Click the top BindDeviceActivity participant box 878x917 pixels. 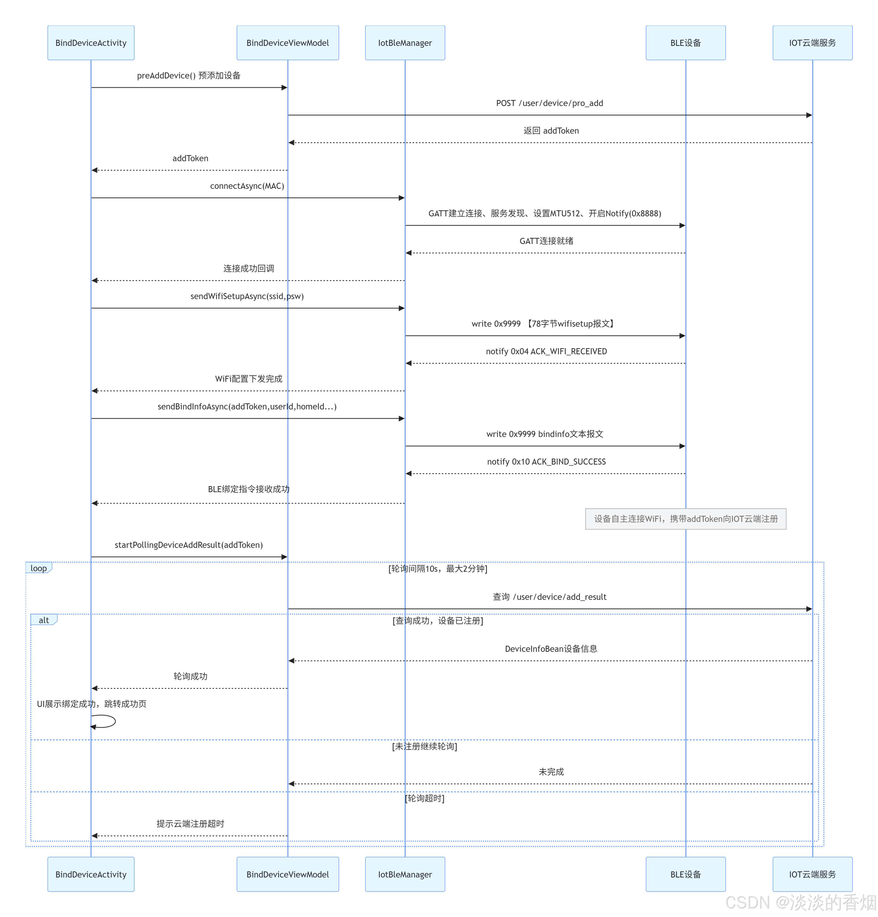point(91,43)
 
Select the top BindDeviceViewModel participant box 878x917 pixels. point(288,43)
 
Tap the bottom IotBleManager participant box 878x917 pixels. point(405,874)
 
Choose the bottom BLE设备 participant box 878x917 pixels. point(686,874)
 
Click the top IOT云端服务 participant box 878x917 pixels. point(812,43)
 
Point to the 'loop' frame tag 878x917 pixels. point(39,568)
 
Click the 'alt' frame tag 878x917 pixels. point(44,620)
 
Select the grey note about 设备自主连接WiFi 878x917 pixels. point(686,519)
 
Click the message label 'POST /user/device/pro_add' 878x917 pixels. point(550,103)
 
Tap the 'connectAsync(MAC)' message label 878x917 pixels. point(247,186)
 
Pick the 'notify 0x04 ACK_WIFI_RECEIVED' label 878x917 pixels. point(546,351)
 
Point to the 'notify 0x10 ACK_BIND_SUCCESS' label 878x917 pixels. point(546,462)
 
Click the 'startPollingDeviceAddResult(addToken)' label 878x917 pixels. point(189,545)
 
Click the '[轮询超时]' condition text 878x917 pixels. point(425,798)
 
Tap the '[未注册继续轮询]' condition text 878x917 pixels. point(425,746)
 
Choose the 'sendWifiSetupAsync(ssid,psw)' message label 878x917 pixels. point(247,296)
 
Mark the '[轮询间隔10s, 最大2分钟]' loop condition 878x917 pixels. point(438,569)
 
